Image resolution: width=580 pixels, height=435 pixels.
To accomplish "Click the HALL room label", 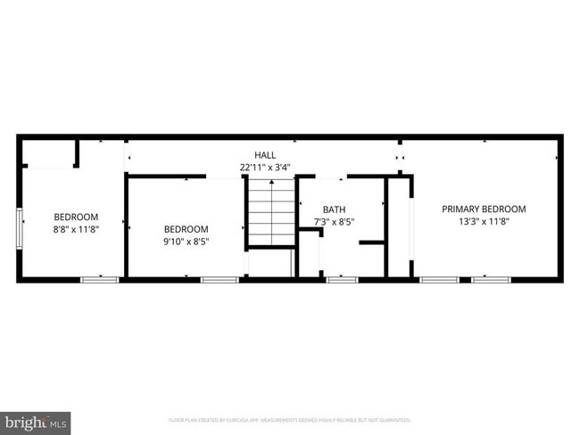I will coord(265,154).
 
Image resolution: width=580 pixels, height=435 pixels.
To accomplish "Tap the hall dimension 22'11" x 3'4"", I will coord(265,167).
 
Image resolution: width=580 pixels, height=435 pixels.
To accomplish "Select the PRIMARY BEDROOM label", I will coord(484,209).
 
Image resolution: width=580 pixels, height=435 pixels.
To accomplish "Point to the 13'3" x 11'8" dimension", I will coord(484,222).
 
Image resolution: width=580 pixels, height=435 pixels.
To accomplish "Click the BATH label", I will coord(334,209).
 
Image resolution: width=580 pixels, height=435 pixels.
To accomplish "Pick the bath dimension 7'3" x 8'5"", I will coord(334,222).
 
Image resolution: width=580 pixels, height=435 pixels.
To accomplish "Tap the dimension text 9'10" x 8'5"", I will coord(186,241).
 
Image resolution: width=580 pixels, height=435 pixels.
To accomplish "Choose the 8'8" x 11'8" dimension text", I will coord(76,229).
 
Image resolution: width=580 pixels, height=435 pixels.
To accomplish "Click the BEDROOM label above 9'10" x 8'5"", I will coord(186,228).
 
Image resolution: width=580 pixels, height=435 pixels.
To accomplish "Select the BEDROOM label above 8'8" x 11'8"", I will coord(76,217).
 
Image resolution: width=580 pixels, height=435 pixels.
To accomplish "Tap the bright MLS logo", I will coord(36,421).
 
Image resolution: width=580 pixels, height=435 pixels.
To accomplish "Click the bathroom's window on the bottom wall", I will coord(342,280).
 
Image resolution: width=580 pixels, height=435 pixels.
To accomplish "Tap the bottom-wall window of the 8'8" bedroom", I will coord(100,280).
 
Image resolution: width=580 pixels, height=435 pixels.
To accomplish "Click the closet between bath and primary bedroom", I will coord(399,227).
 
